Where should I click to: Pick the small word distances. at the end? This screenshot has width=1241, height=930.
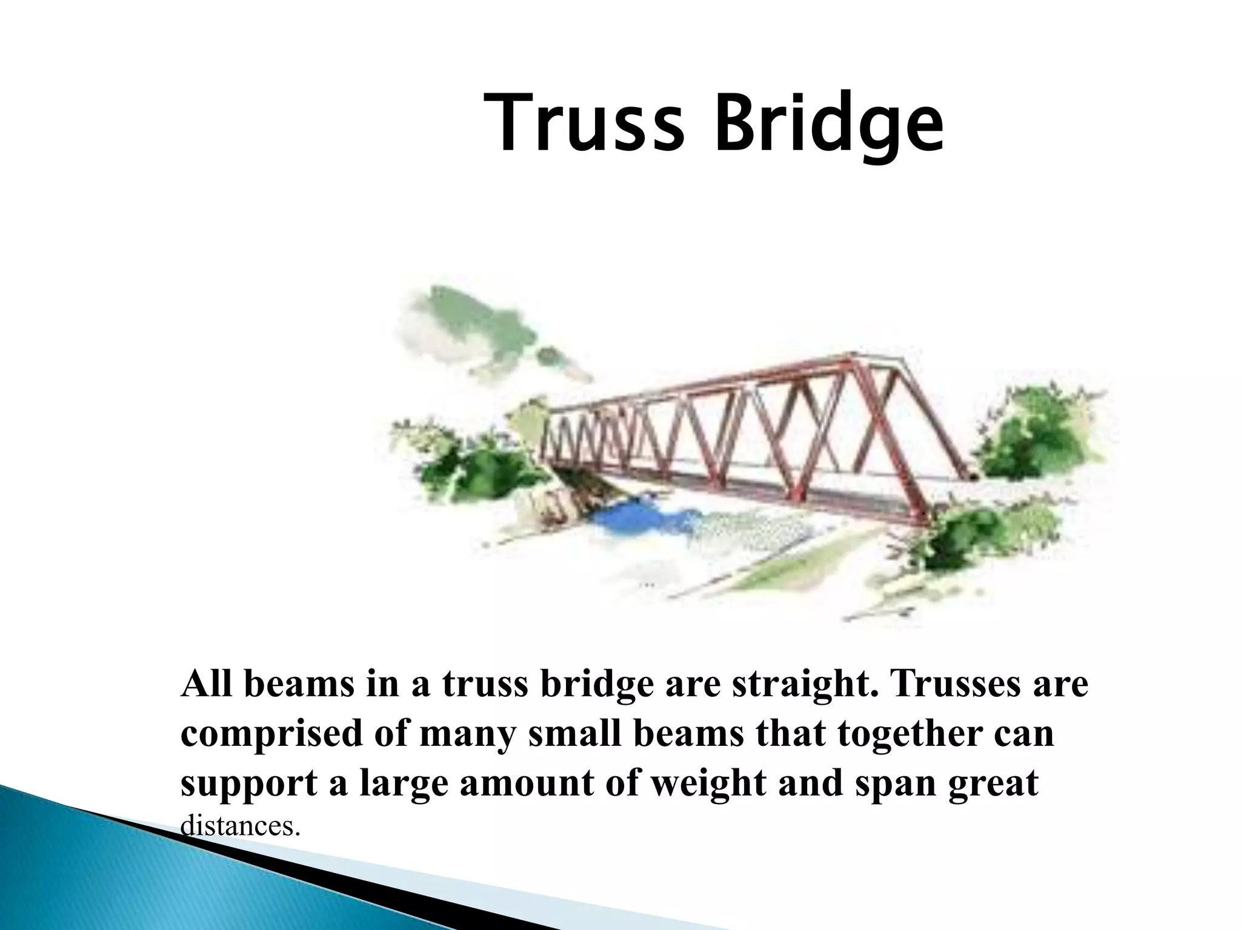(241, 826)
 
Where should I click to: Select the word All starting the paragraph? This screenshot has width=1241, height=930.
(206, 684)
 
